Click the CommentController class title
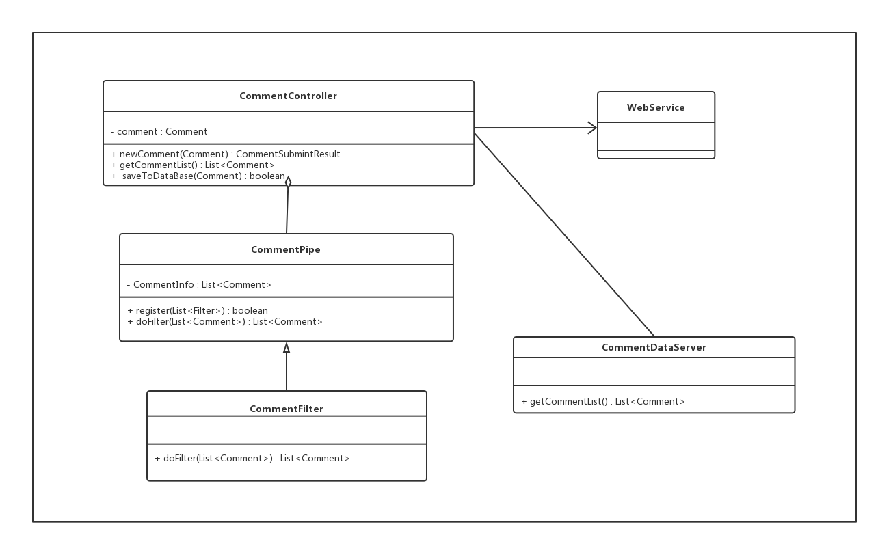click(288, 96)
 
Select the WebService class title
click(656, 108)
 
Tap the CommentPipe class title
click(286, 250)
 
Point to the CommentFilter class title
click(287, 409)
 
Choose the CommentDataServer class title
click(654, 348)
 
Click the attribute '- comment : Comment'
click(159, 132)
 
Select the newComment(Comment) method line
click(226, 154)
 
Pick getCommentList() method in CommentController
click(193, 165)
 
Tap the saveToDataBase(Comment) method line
click(198, 176)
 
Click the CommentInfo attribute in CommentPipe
click(199, 285)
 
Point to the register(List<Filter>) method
click(198, 311)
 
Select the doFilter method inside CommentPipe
click(225, 322)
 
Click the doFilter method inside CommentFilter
click(252, 459)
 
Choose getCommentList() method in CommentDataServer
click(603, 402)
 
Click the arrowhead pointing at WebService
click(592, 128)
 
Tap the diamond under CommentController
click(288, 182)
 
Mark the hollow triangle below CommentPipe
click(287, 347)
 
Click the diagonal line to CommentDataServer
click(564, 234)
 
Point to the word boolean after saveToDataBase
click(267, 176)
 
